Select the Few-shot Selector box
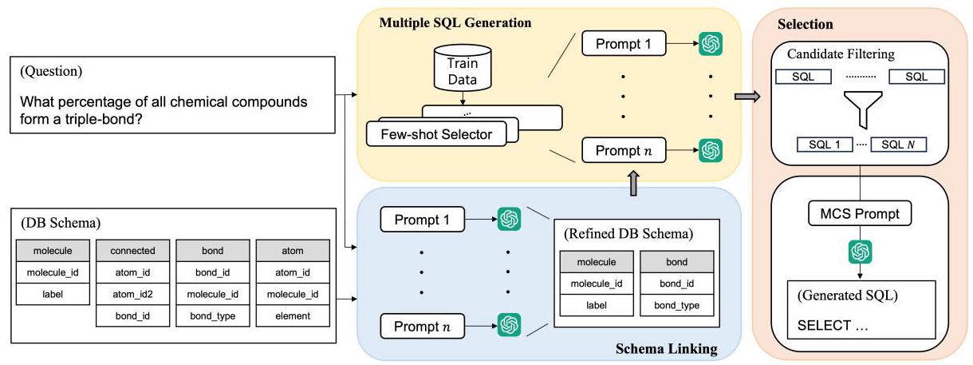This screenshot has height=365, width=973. click(x=436, y=133)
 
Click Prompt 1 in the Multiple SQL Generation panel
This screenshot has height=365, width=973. click(x=623, y=44)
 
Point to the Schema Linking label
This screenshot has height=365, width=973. click(x=667, y=349)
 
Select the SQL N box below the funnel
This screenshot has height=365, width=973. click(x=897, y=145)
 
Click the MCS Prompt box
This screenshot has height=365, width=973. click(x=859, y=214)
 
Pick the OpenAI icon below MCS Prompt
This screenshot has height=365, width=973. click(x=859, y=252)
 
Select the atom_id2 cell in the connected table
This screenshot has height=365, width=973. click(x=133, y=295)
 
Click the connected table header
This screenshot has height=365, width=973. click(x=133, y=250)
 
